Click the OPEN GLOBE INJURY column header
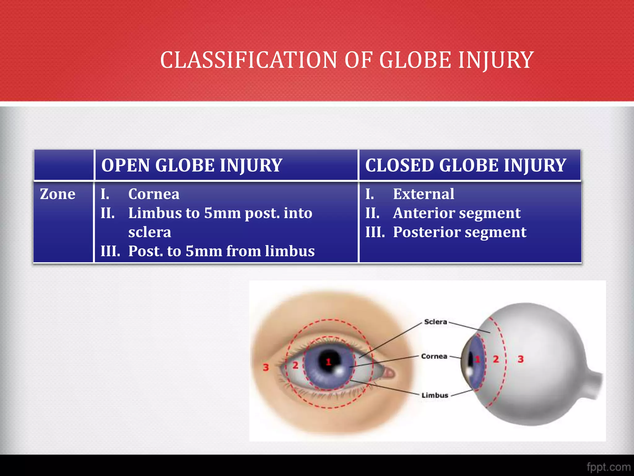[x=192, y=165]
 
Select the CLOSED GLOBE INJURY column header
[x=466, y=165]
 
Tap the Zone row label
[x=58, y=194]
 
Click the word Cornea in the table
[x=154, y=194]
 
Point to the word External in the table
[x=423, y=194]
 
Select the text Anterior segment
[x=457, y=213]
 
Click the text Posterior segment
[x=459, y=232]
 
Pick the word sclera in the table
[x=150, y=232]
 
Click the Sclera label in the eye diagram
[x=436, y=322]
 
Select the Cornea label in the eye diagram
[x=434, y=356]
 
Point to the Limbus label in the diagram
[x=435, y=395]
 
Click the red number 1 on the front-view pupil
[x=328, y=361]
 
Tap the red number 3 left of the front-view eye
[x=266, y=368]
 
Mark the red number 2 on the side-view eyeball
[x=496, y=359]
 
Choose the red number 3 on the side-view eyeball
[x=521, y=359]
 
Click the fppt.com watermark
[x=608, y=467]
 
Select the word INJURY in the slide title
[x=496, y=60]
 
